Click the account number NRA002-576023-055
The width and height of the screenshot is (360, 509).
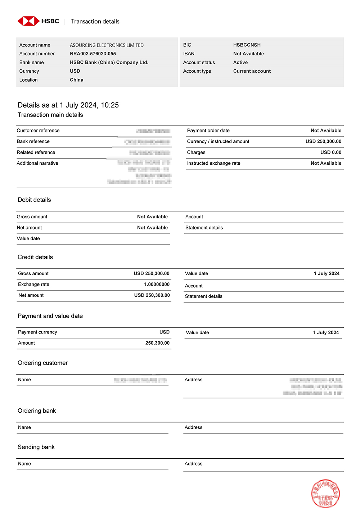[x=93, y=54]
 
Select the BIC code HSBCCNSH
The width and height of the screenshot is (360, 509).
[x=247, y=45]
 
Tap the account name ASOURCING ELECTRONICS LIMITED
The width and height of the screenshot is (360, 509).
[x=107, y=45]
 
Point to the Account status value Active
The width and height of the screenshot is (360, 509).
[x=240, y=62]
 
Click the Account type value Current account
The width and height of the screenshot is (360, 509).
[x=252, y=71]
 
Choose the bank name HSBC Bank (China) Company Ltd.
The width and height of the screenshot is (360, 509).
[x=109, y=62]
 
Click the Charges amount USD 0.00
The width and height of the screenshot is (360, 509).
[x=331, y=152]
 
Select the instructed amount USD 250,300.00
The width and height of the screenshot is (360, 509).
[x=323, y=141]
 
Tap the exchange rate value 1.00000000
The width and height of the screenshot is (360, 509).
[x=157, y=284]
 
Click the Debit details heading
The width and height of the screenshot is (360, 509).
[x=34, y=200]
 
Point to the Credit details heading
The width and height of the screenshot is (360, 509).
[x=35, y=257]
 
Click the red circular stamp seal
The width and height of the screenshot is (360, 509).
[x=325, y=493]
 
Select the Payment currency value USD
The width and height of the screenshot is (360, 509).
[x=165, y=332]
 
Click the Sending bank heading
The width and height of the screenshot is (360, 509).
[x=36, y=447]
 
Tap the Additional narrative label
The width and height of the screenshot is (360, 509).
[x=37, y=163]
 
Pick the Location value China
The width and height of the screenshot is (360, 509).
[x=76, y=80]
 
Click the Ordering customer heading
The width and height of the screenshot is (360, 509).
[x=42, y=363]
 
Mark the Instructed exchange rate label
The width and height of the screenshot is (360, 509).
[x=213, y=163]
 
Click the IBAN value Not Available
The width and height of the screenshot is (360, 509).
[x=248, y=54]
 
